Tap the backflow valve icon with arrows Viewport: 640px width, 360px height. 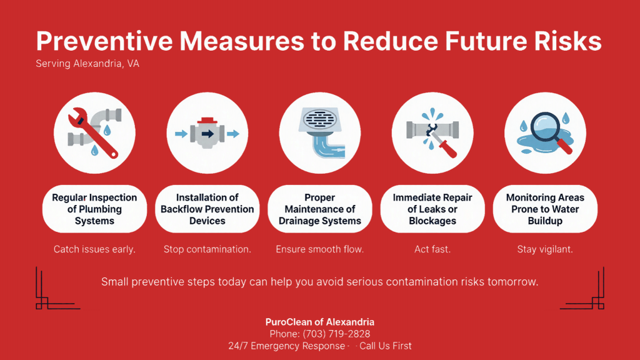(207, 134)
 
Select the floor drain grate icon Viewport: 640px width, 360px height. (319, 120)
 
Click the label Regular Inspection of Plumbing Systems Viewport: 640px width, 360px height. (94, 209)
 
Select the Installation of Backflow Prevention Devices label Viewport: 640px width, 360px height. (207, 209)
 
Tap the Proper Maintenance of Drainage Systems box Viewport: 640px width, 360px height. (319, 209)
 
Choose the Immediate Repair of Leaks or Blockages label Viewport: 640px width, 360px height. (432, 209)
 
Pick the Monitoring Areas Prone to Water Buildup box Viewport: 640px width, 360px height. (545, 209)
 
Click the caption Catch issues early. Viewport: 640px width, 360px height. (94, 249)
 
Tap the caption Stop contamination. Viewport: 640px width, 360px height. (207, 249)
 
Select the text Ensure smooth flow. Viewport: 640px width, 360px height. (319, 249)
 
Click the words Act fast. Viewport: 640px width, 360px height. (432, 249)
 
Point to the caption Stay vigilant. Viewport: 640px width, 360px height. (545, 249)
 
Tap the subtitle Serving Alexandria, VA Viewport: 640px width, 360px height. (87, 64)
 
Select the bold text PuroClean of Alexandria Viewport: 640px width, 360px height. (319, 322)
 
